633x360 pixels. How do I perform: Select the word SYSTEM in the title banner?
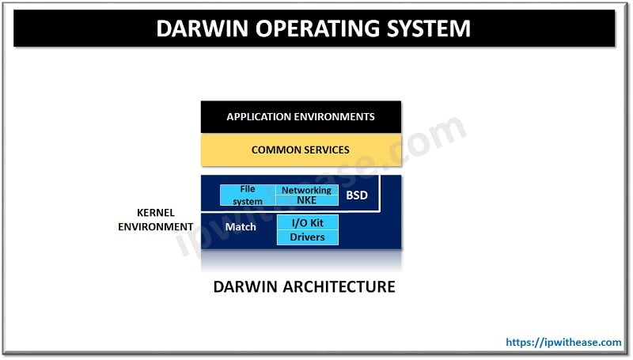pos(427,28)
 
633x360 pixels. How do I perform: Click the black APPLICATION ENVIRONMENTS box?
pos(301,116)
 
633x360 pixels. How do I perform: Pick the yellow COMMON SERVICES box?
pos(301,150)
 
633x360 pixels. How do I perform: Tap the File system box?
pos(248,195)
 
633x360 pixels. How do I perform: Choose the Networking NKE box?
pos(306,195)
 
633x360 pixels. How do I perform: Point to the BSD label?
pos(357,195)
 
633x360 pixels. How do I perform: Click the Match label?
pos(241,227)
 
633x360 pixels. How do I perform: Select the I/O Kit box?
pos(307,222)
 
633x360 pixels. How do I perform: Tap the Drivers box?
pos(307,237)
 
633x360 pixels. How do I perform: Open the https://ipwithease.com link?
pos(563,343)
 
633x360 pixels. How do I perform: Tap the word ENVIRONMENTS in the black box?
pos(332,116)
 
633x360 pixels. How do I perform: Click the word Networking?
pos(306,190)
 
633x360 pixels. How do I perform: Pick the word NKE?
pos(306,200)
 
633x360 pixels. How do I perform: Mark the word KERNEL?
pos(156,214)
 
